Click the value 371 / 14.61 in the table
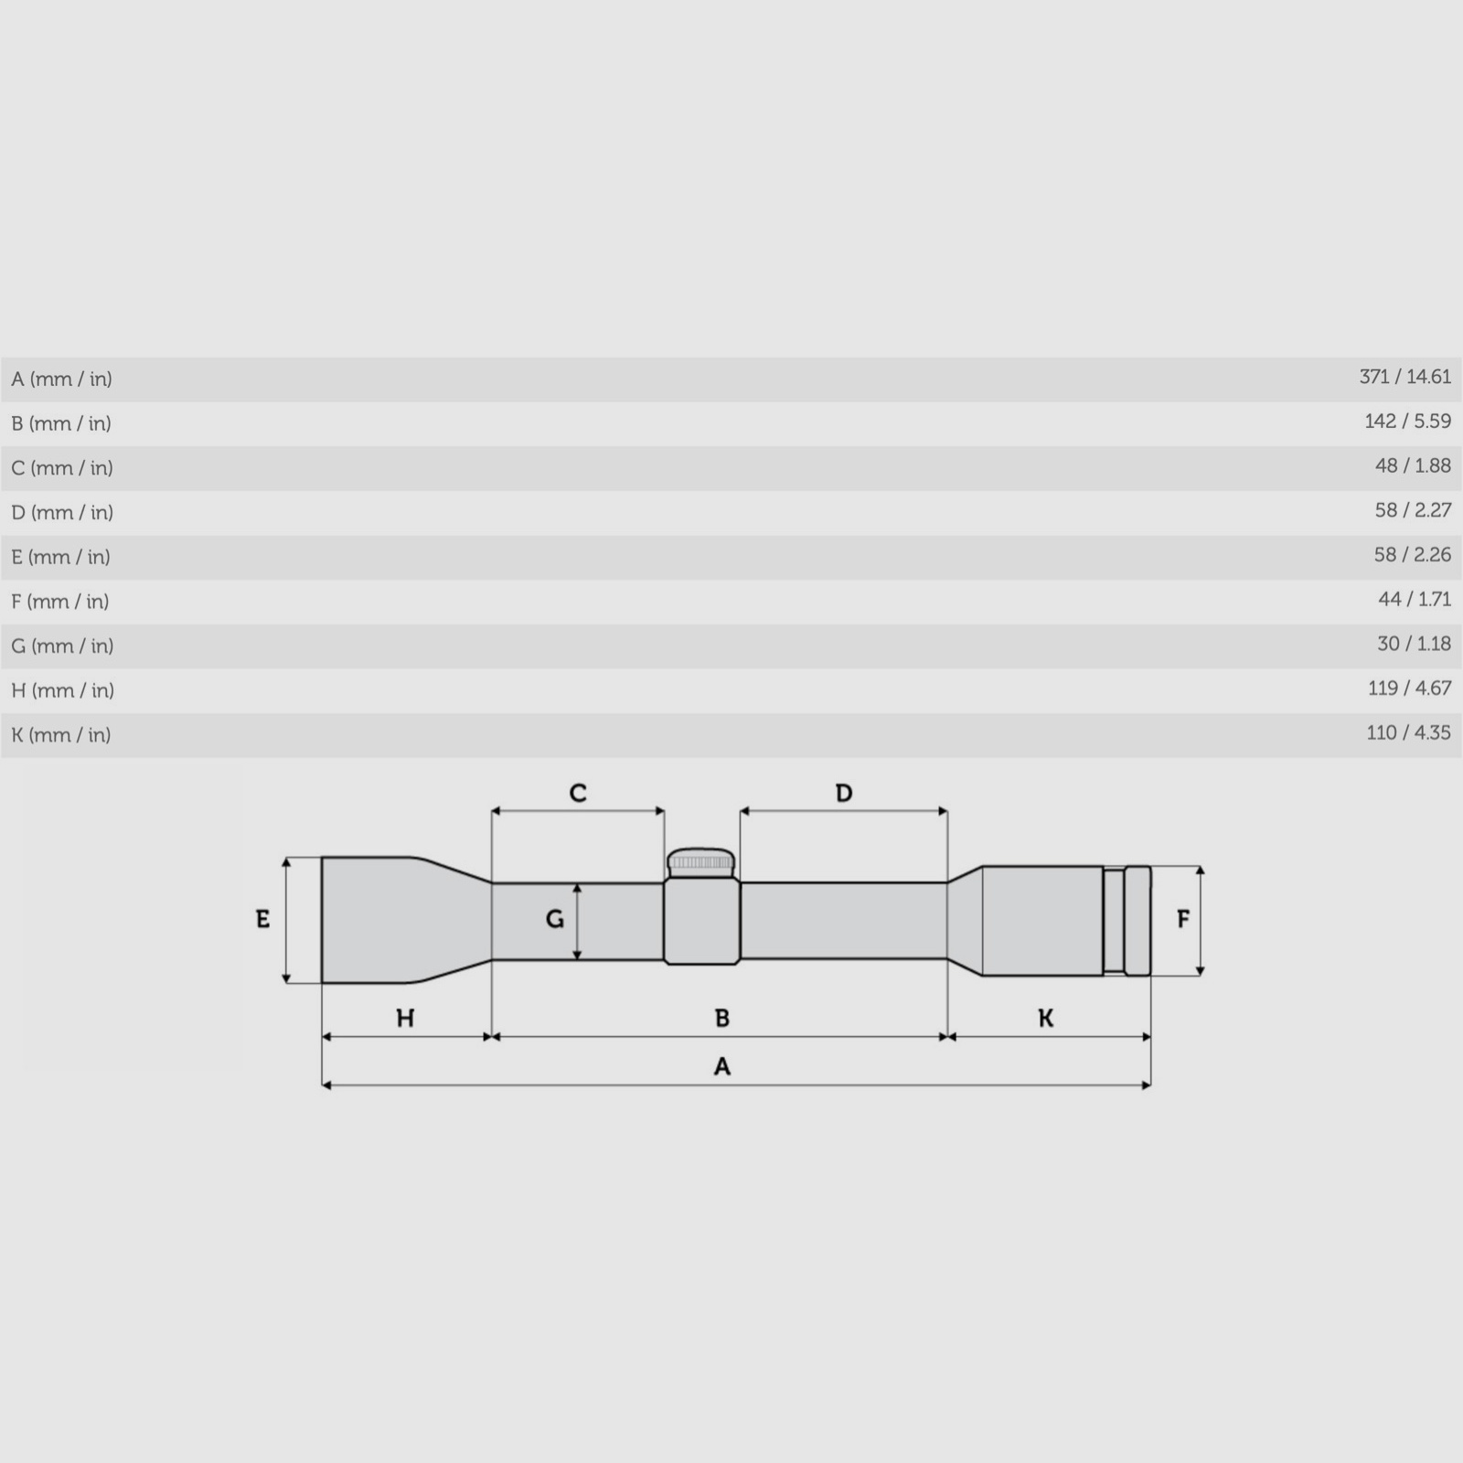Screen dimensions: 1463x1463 pos(1404,377)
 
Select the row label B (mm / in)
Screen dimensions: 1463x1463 pos(61,423)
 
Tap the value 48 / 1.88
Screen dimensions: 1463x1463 pos(1413,465)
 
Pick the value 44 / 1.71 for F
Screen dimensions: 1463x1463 pos(1415,599)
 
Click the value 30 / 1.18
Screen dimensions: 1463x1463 pos(1414,644)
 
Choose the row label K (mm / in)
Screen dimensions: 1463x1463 pos(61,735)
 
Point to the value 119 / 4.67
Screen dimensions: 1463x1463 pos(1409,688)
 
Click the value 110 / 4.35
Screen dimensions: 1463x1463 pos(1408,732)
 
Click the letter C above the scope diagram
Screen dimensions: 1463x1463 pos(578,793)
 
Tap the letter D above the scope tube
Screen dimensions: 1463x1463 pos(844,793)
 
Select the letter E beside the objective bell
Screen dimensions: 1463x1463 pos(262,919)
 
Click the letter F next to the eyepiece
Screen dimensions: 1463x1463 pos(1183,919)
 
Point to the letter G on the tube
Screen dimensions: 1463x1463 pos(554,919)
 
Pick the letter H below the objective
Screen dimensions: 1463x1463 pos(405,1018)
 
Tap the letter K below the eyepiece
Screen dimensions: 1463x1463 pos(1046,1018)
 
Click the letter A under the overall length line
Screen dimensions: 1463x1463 pos(722,1066)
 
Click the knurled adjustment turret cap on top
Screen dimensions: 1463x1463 pos(700,861)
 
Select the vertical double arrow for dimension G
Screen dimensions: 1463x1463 pos(577,922)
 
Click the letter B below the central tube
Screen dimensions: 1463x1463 pos(722,1018)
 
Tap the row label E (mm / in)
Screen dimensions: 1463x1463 pos(61,557)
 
